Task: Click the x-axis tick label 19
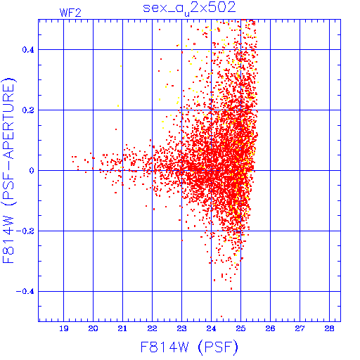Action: click(x=64, y=328)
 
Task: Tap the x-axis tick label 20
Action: click(x=93, y=328)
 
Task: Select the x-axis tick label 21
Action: click(x=122, y=328)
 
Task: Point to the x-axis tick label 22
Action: click(x=152, y=328)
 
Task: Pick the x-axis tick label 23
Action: click(x=181, y=328)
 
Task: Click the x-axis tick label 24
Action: click(x=211, y=328)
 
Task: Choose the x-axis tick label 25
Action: click(x=240, y=328)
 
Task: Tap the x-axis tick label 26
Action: click(x=270, y=328)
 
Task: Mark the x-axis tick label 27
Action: click(x=300, y=328)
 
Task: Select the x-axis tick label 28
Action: click(x=329, y=328)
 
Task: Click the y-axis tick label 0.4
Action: click(x=28, y=50)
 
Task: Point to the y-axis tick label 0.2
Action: click(x=28, y=110)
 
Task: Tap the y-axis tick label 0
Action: click(x=32, y=171)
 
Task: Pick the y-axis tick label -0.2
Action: click(x=25, y=231)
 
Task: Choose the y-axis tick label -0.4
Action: click(x=25, y=292)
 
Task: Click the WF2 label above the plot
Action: click(x=70, y=13)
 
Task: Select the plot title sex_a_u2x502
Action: click(x=189, y=8)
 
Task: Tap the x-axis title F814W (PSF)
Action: click(x=189, y=347)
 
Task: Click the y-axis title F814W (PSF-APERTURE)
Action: click(x=9, y=170)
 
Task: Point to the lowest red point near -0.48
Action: click(x=221, y=316)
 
